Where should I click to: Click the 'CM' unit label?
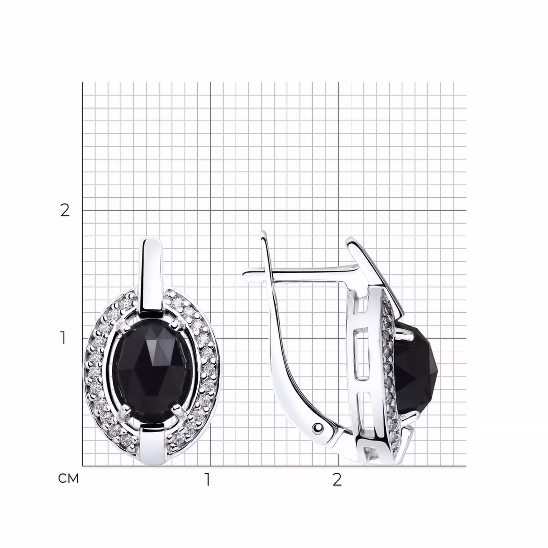[x=68, y=478]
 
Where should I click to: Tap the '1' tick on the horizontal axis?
[x=208, y=480]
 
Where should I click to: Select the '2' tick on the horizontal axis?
[x=337, y=480]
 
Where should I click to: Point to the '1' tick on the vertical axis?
[x=63, y=338]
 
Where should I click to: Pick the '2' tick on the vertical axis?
[x=65, y=210]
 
